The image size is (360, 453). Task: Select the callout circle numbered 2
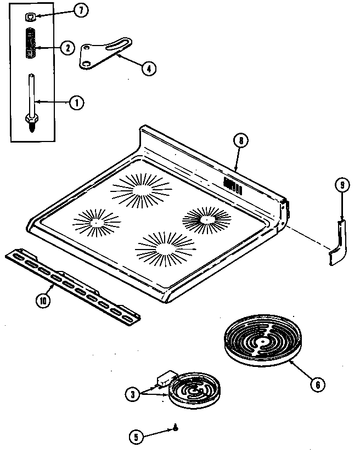tap(68, 48)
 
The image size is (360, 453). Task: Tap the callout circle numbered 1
tap(76, 103)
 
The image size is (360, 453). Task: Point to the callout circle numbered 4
tap(148, 69)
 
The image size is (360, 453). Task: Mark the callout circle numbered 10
tap(43, 301)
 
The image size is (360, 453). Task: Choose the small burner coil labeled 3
tap(193, 389)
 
